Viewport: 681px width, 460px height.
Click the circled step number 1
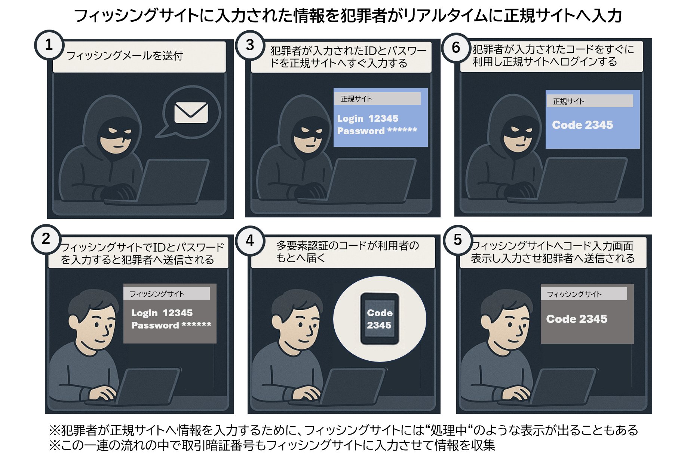coord(49,45)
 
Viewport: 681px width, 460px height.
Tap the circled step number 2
coord(46,239)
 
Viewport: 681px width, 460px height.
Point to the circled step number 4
coord(250,240)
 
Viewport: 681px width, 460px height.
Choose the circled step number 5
coord(458,240)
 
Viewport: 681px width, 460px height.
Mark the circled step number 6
coord(456,48)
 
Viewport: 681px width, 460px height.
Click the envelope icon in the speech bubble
coord(191,112)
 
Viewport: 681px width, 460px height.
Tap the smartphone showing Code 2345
coord(380,319)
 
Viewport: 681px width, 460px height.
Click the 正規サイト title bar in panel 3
coord(377,99)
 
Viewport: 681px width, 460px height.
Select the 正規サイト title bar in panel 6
coord(590,101)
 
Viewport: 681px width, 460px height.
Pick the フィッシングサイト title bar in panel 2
coord(166,294)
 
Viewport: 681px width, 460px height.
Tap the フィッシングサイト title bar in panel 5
coord(583,294)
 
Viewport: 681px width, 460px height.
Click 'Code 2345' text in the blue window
coord(582,125)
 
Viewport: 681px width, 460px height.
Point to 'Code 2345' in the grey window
coord(576,319)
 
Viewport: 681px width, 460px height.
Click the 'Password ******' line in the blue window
coord(377,131)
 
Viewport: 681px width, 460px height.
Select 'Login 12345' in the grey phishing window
coord(162,313)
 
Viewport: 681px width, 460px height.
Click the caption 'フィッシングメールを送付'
coord(125,56)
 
